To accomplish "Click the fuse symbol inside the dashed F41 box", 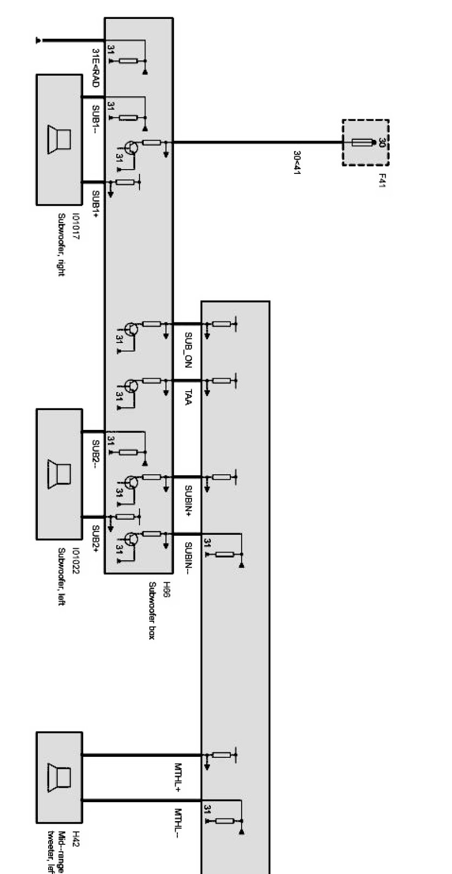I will click(362, 143).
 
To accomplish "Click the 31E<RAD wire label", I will click(95, 68).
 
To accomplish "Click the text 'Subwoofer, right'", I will click(61, 245).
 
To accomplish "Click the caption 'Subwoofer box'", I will click(152, 611).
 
